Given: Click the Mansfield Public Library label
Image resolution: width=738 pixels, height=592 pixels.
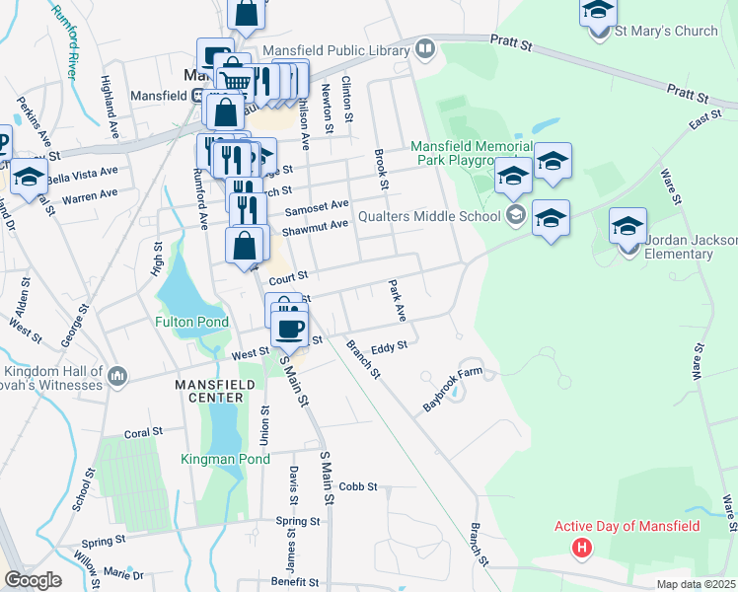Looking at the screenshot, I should click(335, 49).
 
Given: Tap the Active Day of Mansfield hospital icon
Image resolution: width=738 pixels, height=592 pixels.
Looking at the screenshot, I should click(583, 547).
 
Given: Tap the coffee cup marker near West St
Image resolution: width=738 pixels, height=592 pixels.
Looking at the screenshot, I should click(289, 329).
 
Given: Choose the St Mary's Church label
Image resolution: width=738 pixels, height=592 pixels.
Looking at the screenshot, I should click(667, 32).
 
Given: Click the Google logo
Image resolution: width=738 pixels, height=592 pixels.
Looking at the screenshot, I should click(33, 580).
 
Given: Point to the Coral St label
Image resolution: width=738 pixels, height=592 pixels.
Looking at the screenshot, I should click(143, 433).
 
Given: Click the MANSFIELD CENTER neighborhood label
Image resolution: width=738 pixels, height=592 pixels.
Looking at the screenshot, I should click(209, 390).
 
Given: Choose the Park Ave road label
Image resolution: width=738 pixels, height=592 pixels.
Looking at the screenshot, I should click(398, 301).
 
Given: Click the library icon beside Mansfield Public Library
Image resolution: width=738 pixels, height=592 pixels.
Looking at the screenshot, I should click(426, 47).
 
